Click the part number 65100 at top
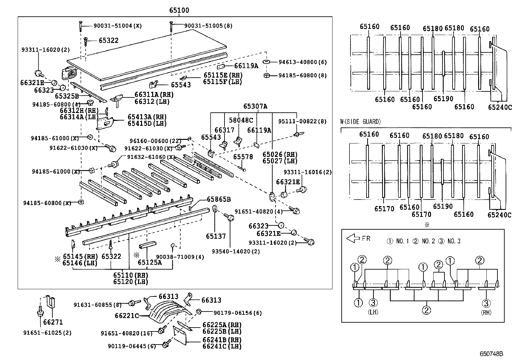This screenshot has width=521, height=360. point(179,10)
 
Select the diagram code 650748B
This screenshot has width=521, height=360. point(491,354)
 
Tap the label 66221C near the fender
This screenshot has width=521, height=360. point(127,316)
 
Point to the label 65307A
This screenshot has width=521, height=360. point(255,106)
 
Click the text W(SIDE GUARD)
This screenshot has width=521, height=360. point(360,122)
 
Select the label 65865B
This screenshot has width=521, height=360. point(219,199)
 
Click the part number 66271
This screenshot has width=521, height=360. point(53,322)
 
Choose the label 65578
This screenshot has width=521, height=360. point(243,157)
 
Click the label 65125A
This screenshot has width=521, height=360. point(150,262)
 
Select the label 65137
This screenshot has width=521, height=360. point(216,236)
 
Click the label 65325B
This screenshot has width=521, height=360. point(67,96)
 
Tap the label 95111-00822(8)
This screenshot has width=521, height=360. point(302,121)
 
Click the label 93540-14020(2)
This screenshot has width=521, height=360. point(231,251)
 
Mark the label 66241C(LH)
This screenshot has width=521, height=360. point(222,346)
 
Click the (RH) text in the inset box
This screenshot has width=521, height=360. point(486,313)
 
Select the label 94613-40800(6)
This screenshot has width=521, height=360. point(302,62)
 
